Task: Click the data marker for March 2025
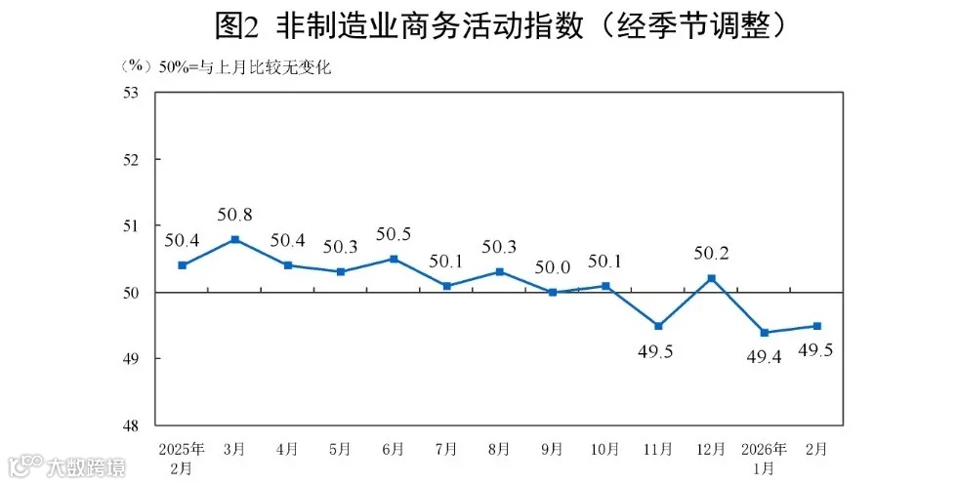click(235, 239)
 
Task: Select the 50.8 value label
click(235, 213)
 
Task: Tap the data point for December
click(711, 278)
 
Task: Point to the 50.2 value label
click(711, 253)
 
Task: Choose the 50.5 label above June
click(394, 233)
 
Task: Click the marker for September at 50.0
click(552, 292)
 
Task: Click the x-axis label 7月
click(446, 449)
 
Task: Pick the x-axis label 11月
click(658, 449)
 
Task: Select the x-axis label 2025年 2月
click(182, 457)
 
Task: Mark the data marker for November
click(658, 326)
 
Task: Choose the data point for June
click(394, 259)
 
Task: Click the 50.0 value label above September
click(552, 266)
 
